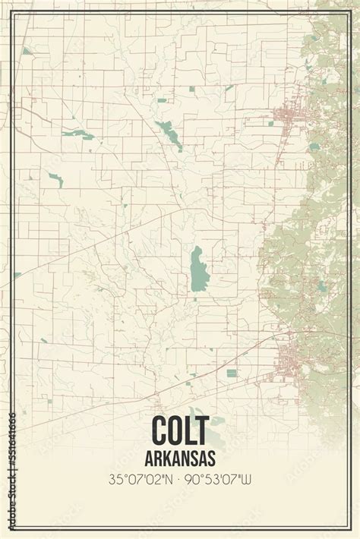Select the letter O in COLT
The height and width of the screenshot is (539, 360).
[179, 432]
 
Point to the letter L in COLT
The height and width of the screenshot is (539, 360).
[195, 432]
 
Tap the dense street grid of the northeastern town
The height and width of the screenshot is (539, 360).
[287, 118]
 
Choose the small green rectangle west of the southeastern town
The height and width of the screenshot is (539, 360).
[231, 373]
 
